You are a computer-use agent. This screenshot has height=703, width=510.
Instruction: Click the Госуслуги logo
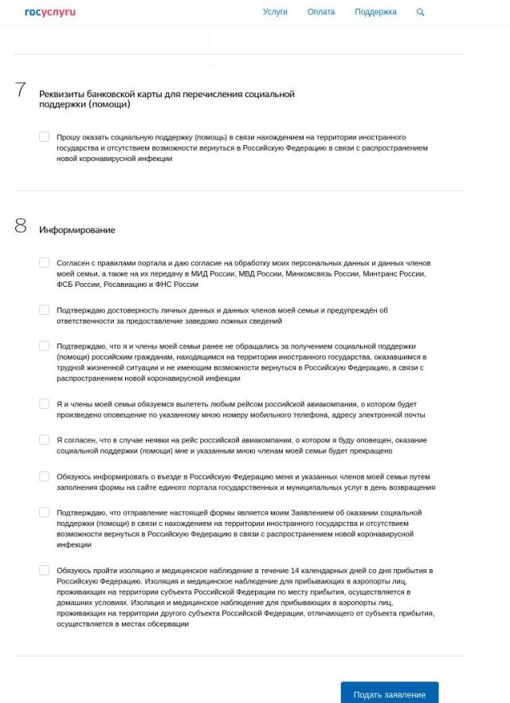(50, 12)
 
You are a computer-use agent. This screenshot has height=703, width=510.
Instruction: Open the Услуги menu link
(275, 12)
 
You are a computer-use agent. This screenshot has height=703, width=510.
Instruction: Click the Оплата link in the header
(321, 12)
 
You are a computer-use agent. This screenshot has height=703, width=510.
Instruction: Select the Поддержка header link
(375, 12)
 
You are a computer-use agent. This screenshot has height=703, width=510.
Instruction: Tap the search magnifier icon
(421, 13)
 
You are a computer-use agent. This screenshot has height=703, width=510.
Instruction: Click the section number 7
(21, 90)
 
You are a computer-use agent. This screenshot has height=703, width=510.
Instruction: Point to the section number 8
(21, 226)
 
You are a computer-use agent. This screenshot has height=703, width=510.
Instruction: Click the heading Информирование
(77, 230)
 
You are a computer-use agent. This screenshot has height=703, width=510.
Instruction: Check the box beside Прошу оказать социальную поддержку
(45, 137)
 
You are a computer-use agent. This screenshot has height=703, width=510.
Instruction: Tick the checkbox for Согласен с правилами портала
(45, 262)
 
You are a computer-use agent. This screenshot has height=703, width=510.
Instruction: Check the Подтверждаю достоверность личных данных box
(45, 310)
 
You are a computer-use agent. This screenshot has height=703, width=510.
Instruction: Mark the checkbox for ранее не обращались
(45, 346)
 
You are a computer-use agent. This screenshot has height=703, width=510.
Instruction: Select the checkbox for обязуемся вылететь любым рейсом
(45, 404)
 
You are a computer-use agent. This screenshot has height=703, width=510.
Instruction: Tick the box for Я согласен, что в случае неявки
(45, 440)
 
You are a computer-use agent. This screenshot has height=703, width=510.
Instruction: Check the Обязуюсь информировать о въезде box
(45, 477)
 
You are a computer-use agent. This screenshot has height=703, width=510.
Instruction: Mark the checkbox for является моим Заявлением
(45, 513)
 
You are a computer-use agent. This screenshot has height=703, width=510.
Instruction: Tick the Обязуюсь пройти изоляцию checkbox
(45, 571)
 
